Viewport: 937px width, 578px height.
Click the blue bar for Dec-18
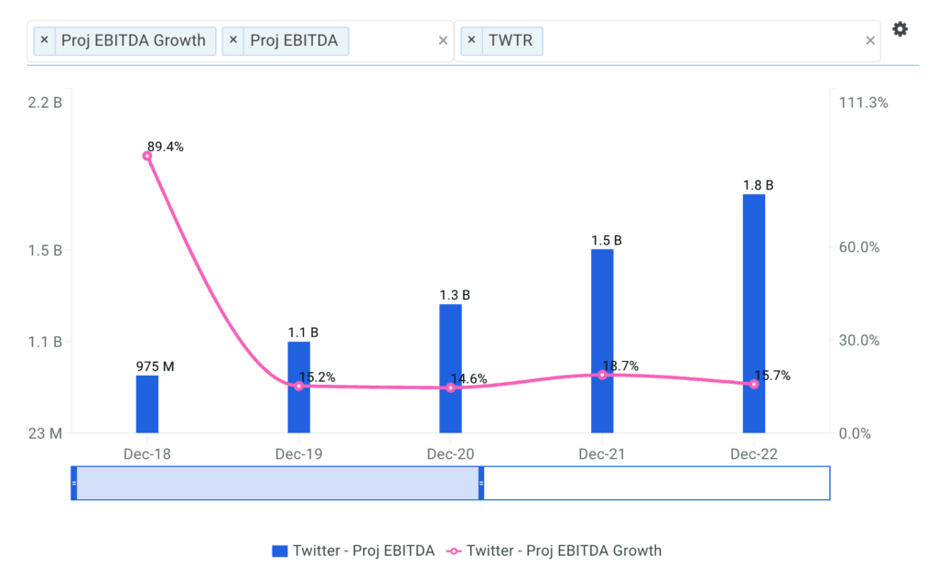[147, 404]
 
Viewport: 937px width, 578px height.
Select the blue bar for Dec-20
[450, 368]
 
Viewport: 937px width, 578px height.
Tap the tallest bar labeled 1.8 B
[753, 313]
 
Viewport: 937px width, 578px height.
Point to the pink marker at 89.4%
[147, 156]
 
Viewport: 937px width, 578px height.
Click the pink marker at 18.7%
[602, 375]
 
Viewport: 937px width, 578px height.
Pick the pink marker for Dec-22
[754, 384]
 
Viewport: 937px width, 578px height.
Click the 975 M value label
[155, 366]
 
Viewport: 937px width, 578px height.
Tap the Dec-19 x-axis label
[298, 453]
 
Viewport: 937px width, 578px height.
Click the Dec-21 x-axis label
[602, 453]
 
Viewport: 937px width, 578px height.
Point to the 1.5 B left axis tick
[45, 250]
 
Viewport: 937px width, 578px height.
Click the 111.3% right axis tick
[863, 103]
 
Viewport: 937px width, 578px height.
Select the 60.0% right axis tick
[860, 247]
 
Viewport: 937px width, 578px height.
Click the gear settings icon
[900, 29]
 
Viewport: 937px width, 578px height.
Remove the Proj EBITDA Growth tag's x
[44, 40]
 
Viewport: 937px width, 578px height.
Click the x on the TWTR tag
[471, 40]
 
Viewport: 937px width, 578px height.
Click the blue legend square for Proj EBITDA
[280, 551]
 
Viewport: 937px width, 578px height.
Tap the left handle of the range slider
[74, 483]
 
